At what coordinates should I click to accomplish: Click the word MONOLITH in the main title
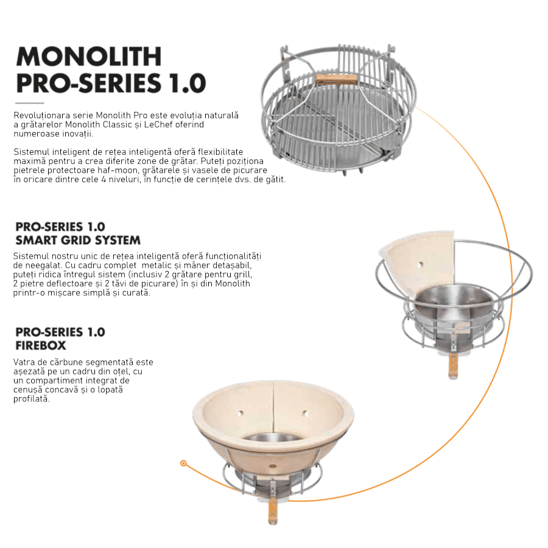click(x=89, y=56)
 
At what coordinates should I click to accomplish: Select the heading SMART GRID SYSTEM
click(x=78, y=241)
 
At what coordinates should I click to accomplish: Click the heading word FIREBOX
click(x=41, y=346)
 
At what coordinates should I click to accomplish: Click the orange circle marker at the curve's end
click(x=183, y=463)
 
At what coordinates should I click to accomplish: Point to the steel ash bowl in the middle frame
click(x=454, y=307)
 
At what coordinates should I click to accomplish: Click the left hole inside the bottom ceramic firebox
click(x=239, y=414)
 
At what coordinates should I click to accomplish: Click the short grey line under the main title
click(x=30, y=103)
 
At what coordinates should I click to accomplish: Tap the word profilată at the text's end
click(x=32, y=399)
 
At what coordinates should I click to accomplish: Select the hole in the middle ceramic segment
click(x=421, y=265)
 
